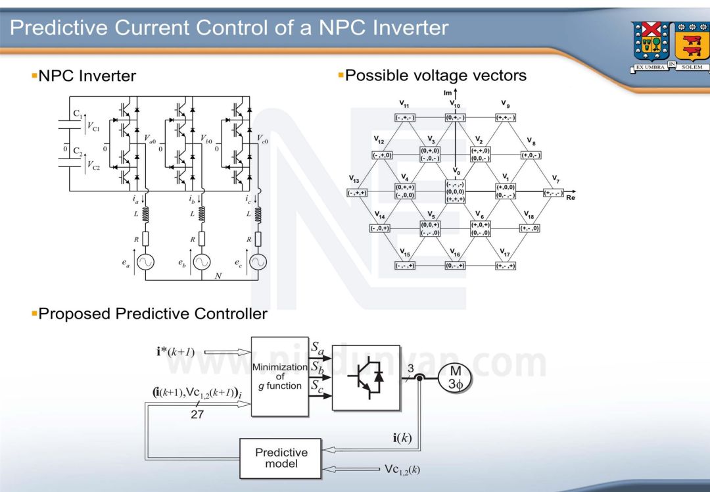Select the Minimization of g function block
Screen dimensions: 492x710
(280, 376)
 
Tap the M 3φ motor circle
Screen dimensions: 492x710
(455, 378)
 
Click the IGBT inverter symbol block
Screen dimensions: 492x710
(366, 377)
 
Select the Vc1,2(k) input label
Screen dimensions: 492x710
(402, 469)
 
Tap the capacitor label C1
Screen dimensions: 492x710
(78, 113)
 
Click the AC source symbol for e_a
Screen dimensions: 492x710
(146, 261)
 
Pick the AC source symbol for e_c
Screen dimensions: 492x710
(258, 261)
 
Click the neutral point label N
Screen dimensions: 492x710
(218, 276)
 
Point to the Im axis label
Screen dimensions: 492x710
(448, 94)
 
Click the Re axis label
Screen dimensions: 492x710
(570, 197)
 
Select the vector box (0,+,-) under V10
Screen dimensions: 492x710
(455, 118)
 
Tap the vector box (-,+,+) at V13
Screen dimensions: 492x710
(357, 193)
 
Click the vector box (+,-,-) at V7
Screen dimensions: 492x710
(553, 193)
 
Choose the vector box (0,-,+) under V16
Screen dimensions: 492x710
(455, 266)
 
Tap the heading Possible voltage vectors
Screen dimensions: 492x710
(435, 76)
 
